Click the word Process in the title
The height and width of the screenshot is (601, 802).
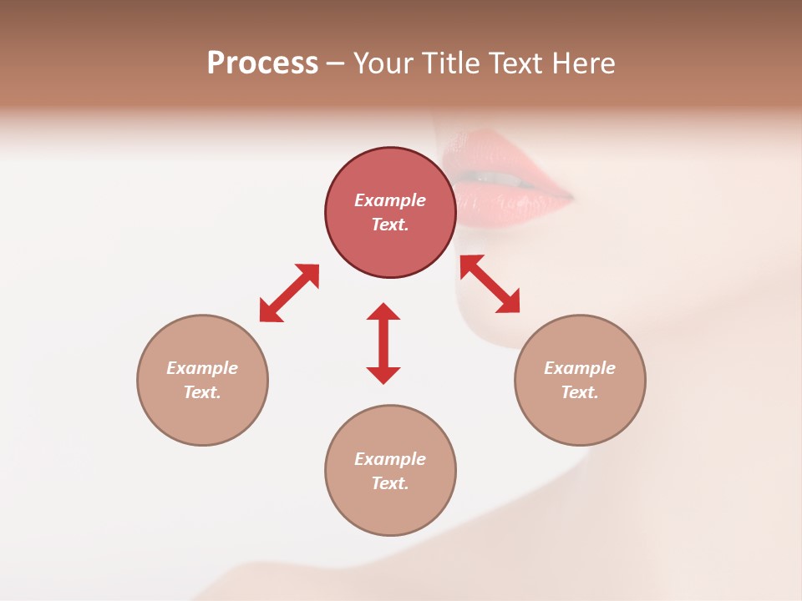point(262,63)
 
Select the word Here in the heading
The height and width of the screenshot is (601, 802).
point(582,63)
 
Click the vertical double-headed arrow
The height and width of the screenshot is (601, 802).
point(383,343)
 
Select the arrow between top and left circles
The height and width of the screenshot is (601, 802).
point(289,293)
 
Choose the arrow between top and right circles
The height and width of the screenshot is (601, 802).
point(490,284)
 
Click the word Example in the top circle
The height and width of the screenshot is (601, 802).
point(390,200)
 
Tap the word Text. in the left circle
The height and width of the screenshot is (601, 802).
point(202,392)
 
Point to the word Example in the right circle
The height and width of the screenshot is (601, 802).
point(580,368)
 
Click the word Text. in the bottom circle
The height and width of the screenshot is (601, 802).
point(390,483)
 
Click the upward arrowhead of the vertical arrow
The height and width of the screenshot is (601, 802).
point(383,312)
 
